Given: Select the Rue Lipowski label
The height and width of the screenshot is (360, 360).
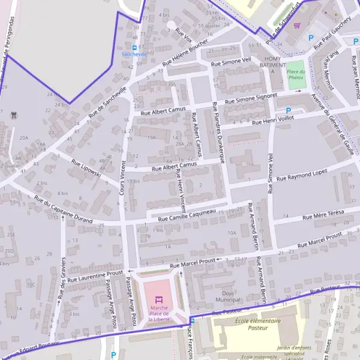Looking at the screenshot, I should point(86,170).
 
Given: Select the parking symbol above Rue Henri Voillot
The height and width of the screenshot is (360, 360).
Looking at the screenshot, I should point(289,111).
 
